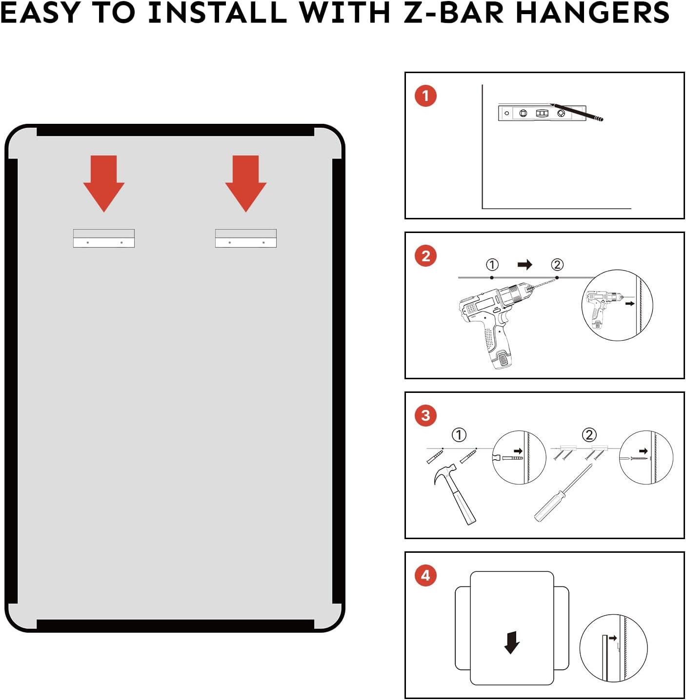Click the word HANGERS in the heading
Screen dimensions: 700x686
[x=592, y=13]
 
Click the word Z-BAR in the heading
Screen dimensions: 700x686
[x=454, y=13]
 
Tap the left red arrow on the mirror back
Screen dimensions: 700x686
[x=104, y=183]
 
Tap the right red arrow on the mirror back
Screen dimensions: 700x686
[x=246, y=183]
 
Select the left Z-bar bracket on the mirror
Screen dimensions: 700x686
[x=104, y=238]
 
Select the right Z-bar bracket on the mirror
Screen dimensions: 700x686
[x=246, y=238]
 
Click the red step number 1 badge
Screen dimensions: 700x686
[x=425, y=96]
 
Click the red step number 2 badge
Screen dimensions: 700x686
[x=425, y=256]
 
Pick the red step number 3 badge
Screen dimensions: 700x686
[x=425, y=416]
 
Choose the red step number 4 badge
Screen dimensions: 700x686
[x=425, y=576]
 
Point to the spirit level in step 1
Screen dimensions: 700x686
[x=537, y=113]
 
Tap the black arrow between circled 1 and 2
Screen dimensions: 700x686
[x=525, y=265]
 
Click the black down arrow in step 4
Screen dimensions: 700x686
[x=512, y=642]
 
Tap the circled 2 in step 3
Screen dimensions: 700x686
[x=589, y=434]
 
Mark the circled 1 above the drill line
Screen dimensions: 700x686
[x=492, y=265]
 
